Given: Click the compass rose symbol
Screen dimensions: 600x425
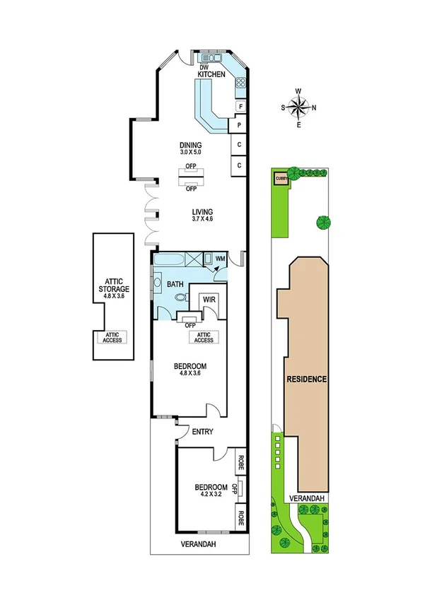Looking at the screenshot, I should (x=299, y=107).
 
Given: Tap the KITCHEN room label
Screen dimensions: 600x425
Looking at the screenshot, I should (x=211, y=74).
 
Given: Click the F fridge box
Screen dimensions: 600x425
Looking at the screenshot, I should (x=241, y=107).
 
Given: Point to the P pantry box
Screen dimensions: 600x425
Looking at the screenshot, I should (x=240, y=125).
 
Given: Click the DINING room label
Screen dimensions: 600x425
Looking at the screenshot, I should (x=190, y=146).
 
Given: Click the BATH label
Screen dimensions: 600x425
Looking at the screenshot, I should (x=175, y=284).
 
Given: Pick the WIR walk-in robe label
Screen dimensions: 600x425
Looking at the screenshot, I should (x=209, y=300).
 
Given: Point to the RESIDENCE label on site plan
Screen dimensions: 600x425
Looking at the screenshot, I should (x=306, y=379).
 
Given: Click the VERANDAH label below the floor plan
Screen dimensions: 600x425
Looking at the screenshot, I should (x=198, y=543).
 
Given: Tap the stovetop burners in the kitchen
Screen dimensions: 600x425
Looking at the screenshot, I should (x=241, y=83).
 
